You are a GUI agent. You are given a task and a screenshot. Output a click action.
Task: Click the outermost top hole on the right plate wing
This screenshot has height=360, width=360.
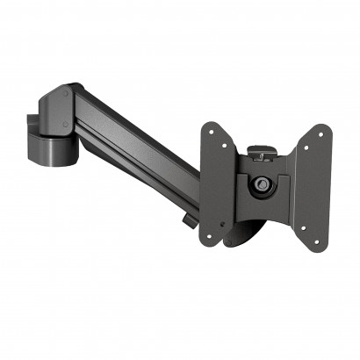pyautogui.click(x=318, y=134)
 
